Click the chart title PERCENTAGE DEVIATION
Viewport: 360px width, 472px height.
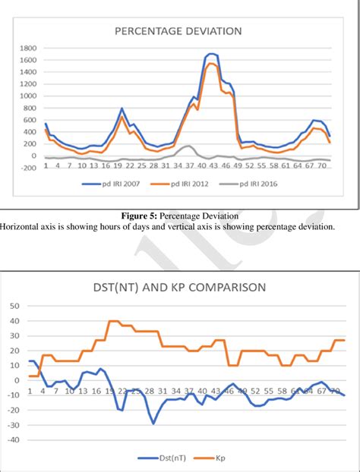[x=178, y=31]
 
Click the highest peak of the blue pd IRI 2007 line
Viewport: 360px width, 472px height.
[x=212, y=54]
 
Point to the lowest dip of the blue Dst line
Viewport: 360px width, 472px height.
[x=153, y=423]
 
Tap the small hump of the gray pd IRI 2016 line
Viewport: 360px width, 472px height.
[x=188, y=146]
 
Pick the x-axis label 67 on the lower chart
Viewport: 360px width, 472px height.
[x=323, y=391]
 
